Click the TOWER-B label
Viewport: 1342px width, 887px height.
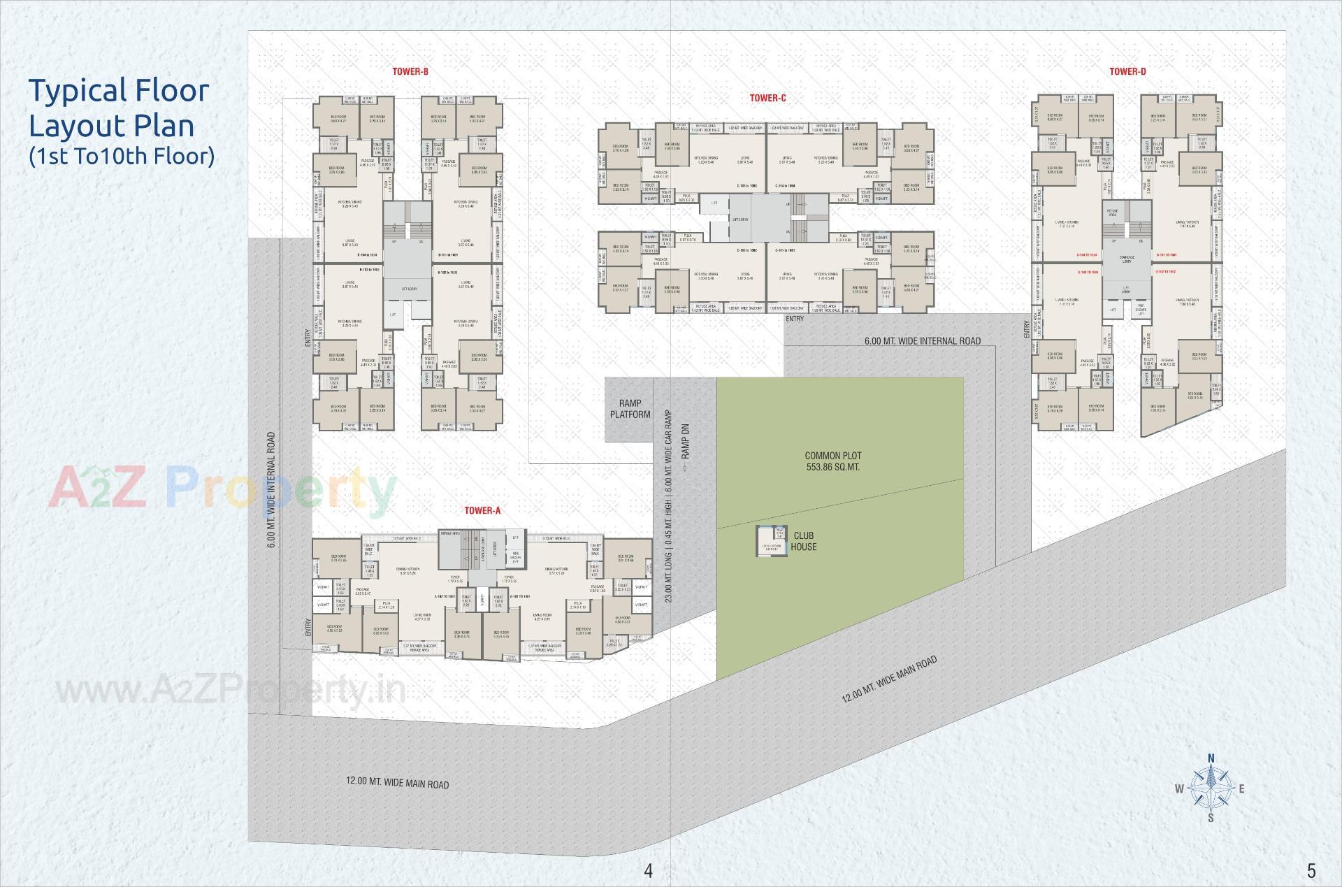point(410,71)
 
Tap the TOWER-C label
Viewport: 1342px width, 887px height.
point(767,99)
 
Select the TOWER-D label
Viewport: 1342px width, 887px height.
point(1127,71)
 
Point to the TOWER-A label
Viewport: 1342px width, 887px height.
point(482,511)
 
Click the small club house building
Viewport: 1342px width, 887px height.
point(772,541)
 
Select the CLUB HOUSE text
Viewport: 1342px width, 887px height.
point(803,541)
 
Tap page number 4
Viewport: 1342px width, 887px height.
point(648,870)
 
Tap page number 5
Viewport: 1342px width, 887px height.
point(1311,870)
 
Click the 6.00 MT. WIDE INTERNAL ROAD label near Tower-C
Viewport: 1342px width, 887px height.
point(922,341)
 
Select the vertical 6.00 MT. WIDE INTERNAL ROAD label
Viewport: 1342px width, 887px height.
point(271,492)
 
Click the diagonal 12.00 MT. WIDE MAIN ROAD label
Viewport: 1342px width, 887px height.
point(888,679)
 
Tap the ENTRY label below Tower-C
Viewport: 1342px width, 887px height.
point(794,319)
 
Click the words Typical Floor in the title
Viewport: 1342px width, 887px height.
point(118,91)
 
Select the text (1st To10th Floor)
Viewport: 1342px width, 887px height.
point(121,155)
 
